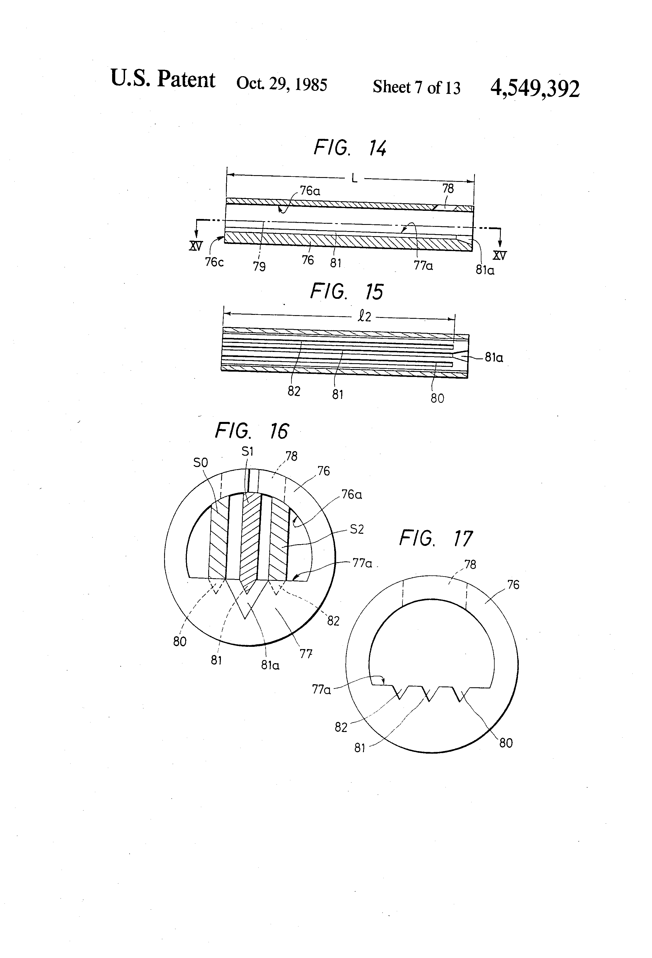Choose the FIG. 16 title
point(252,431)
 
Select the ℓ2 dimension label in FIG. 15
point(364,317)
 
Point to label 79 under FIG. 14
point(259,267)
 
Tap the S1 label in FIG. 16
point(247,452)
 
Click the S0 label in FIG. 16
point(200,463)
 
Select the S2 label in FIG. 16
point(357,529)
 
